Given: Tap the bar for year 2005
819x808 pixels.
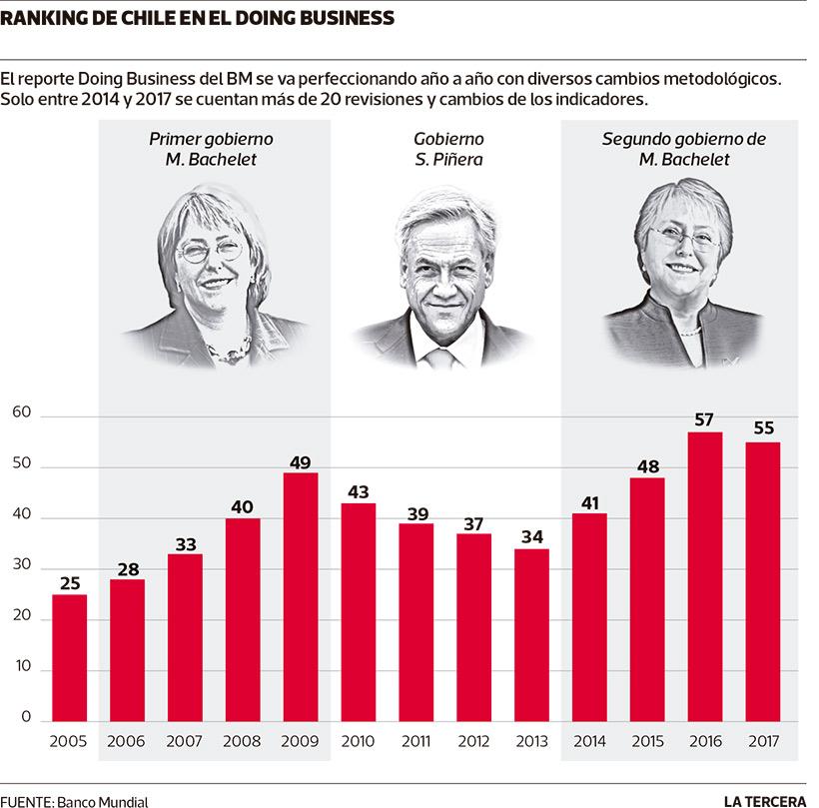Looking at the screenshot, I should (69, 658).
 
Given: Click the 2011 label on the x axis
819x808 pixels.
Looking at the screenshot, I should (416, 742).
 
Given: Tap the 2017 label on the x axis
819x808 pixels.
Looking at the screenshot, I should (764, 742).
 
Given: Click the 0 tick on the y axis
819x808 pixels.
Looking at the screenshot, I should (27, 719).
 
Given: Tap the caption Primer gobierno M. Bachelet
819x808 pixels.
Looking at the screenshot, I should (211, 149).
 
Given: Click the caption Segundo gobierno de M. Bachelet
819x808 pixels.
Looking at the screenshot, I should (684, 149).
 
